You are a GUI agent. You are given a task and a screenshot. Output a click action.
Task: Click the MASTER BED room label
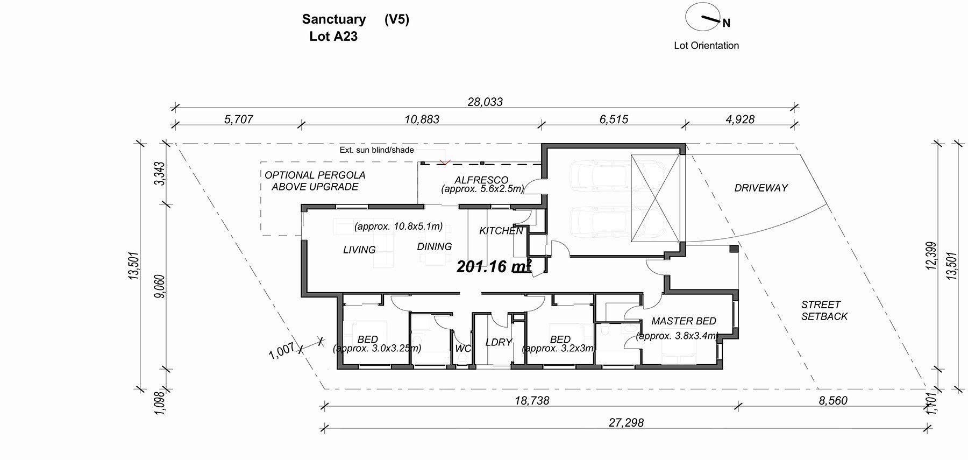pyautogui.click(x=684, y=321)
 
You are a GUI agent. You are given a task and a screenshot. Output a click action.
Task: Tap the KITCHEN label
pyautogui.click(x=501, y=231)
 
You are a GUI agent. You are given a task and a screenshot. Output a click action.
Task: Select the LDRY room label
pyautogui.click(x=499, y=342)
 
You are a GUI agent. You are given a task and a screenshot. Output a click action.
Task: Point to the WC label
pyautogui.click(x=463, y=348)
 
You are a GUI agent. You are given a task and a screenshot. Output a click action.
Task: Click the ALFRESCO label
pyautogui.click(x=481, y=180)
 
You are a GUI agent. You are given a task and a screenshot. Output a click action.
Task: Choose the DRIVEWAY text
pyautogui.click(x=761, y=188)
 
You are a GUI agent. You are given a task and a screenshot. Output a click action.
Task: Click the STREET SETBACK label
pyautogui.click(x=823, y=310)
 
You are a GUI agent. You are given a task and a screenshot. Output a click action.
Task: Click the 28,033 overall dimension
pyautogui.click(x=485, y=102)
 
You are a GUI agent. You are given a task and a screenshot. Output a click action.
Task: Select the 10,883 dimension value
pyautogui.click(x=422, y=119)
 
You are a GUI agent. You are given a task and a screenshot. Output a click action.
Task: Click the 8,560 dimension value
pyautogui.click(x=832, y=400)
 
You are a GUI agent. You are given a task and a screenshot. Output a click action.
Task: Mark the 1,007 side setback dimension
pyautogui.click(x=281, y=350)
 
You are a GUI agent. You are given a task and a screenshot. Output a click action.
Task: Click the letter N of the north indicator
pyautogui.click(x=726, y=23)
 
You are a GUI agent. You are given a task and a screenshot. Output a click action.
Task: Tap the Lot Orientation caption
pyautogui.click(x=706, y=46)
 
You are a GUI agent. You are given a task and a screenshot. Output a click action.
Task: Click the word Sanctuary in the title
pyautogui.click(x=333, y=19)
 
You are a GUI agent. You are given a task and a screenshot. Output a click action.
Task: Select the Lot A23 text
pyautogui.click(x=333, y=37)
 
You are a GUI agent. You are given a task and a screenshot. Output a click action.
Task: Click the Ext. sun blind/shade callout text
pyautogui.click(x=376, y=150)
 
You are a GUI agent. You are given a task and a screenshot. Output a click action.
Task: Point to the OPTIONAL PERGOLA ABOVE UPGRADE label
pyautogui.click(x=315, y=181)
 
